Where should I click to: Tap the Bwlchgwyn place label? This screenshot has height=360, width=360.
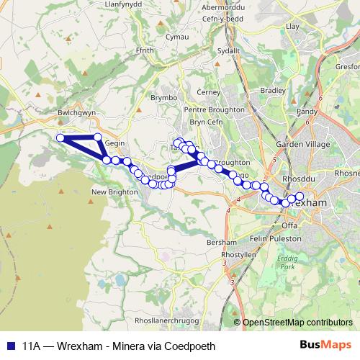[76, 113]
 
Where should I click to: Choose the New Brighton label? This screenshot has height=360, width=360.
[109, 192]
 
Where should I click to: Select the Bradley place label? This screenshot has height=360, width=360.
[273, 91]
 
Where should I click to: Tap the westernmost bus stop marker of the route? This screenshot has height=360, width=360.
[61, 138]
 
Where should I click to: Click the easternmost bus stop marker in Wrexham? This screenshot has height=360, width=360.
[300, 197]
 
